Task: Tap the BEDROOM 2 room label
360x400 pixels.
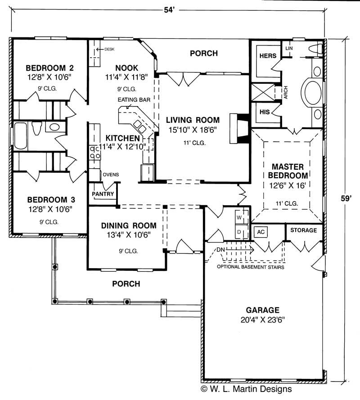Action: point(49,68)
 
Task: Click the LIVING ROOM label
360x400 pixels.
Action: point(193,120)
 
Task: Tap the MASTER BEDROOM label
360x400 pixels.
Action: point(287,171)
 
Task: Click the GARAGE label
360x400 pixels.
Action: point(263,310)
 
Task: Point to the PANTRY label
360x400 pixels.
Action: point(103,194)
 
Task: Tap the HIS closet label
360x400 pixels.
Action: point(264,112)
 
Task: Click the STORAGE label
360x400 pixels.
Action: point(303,230)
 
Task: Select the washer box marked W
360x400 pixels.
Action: point(239,217)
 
